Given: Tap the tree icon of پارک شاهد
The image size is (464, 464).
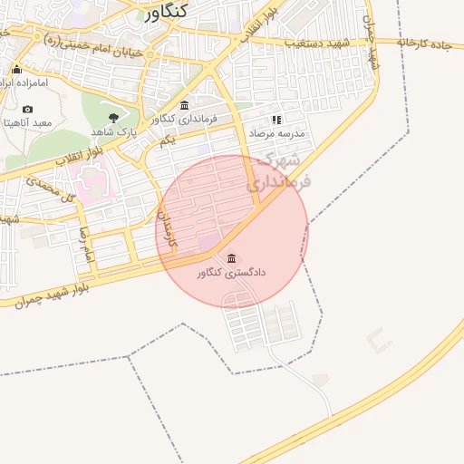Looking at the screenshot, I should tap(113, 118).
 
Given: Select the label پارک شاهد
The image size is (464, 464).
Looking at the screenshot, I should tap(114, 132).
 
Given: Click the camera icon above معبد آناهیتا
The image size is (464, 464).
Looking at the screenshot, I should tap(27, 110).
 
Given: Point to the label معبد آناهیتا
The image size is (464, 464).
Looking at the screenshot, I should tap(27, 122).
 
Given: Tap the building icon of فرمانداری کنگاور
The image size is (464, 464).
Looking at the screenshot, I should tap(185, 105).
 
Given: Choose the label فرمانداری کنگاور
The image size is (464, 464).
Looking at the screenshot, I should tap(185, 119).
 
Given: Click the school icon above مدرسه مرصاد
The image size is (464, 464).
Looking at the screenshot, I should tap(276, 119).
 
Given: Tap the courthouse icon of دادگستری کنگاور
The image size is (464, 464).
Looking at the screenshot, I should tap(230, 258).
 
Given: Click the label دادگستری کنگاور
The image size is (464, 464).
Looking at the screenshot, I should tap(230, 271).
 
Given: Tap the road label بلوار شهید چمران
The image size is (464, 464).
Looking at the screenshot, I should tap(51, 294).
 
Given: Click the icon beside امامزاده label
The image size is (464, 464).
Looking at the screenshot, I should tap(16, 69).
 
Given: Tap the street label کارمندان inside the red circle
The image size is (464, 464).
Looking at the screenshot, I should tap(169, 230).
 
